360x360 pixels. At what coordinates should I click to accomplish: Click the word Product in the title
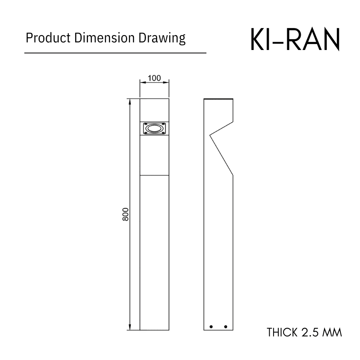click(43, 38)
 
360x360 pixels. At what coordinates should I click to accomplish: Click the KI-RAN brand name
click(295, 40)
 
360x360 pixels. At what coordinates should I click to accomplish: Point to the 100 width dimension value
click(154, 78)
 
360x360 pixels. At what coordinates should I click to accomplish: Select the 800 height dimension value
click(125, 215)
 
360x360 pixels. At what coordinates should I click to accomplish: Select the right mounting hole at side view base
click(226, 326)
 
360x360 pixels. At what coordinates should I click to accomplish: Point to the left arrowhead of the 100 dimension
click(142, 82)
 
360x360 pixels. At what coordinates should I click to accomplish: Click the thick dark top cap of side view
click(218, 99)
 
